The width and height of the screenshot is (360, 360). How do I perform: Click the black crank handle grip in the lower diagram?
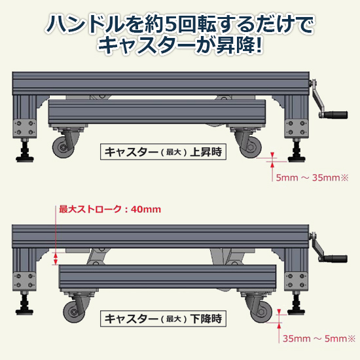tap(335, 259)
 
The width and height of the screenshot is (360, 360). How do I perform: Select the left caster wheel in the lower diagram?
tap(74, 312)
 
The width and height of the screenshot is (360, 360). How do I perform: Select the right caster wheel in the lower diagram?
tap(262, 312)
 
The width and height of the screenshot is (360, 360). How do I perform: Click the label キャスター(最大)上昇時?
tap(163, 152)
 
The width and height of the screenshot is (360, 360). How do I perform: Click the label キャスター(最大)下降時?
tap(163, 319)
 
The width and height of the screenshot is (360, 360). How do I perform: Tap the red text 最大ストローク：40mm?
tap(110, 209)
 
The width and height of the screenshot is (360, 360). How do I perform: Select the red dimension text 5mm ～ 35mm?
tap(312, 177)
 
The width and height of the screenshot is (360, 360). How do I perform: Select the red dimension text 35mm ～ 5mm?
tap(319, 338)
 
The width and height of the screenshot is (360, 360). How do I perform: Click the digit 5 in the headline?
tap(171, 24)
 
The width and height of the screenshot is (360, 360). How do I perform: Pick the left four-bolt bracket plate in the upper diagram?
tap(25, 128)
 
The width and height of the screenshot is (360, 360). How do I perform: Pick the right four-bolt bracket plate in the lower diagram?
tap(296, 281)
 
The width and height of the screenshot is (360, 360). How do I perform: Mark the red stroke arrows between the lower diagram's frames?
tap(56, 259)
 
